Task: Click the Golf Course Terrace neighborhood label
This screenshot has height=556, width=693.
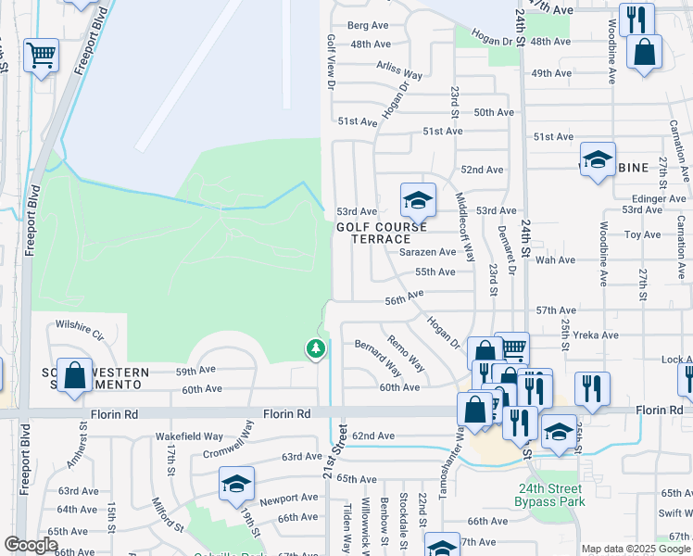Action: [x=382, y=233]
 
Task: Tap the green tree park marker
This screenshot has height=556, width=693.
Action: [x=316, y=348]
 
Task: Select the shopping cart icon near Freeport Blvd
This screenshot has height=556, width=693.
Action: [x=41, y=57]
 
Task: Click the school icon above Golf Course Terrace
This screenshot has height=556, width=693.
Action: [x=418, y=199]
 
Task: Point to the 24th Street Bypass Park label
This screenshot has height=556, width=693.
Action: [x=550, y=496]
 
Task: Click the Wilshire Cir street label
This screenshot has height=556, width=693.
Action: [x=79, y=325]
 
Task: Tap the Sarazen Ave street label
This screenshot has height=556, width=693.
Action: [x=428, y=252]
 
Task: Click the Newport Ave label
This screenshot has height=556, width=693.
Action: [x=288, y=498]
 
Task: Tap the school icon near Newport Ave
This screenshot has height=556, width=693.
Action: [x=236, y=484]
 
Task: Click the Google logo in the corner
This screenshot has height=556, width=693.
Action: [x=31, y=545]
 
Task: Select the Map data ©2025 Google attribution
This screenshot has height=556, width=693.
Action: [x=636, y=549]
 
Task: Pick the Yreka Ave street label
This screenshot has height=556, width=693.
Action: [x=597, y=335]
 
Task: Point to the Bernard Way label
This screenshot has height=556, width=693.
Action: [x=378, y=357]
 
